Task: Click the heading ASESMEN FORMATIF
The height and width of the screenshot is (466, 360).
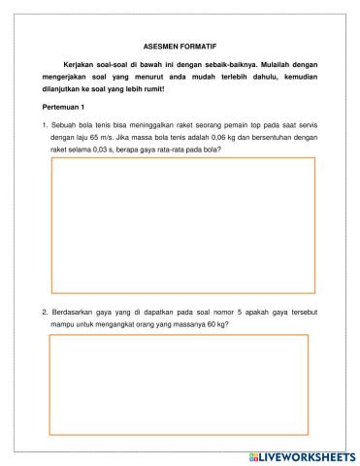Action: (180, 46)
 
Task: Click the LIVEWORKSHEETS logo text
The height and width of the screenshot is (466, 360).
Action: (308, 456)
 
